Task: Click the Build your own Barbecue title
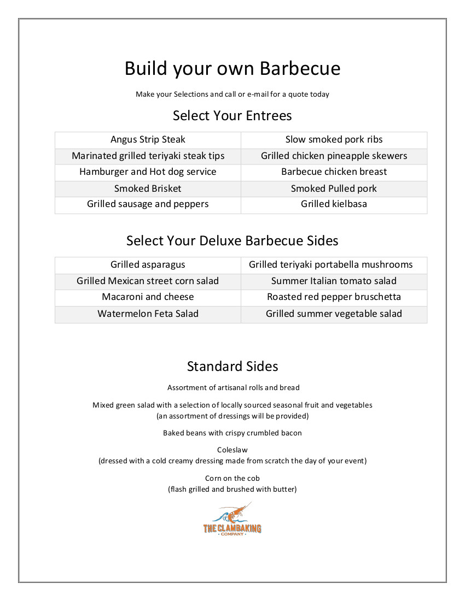[233, 69]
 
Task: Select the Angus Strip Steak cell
[148, 140]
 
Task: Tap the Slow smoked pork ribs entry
[334, 140]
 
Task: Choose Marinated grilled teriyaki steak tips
[148, 156]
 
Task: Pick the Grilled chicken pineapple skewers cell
[334, 156]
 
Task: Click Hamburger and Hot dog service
[148, 172]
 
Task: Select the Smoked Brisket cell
[148, 189]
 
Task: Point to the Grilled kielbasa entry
[334, 204]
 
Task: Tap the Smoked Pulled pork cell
[334, 189]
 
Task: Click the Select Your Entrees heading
[233, 116]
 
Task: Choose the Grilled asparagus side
[148, 265]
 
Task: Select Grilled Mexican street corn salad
[148, 281]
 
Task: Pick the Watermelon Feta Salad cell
[148, 314]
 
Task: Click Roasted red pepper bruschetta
[334, 297]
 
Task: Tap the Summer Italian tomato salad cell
[334, 281]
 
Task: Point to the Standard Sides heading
[233, 366]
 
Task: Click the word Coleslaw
[233, 450]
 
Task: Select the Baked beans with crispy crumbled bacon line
[233, 433]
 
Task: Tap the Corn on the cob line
[233, 479]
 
